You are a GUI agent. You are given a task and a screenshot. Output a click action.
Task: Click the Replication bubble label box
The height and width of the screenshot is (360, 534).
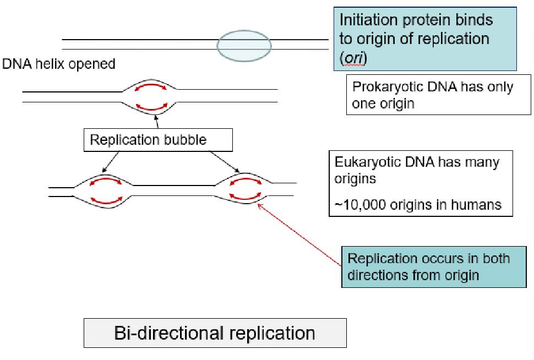pos(157,140)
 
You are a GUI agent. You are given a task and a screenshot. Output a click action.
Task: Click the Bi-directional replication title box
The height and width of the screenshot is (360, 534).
pos(215,334)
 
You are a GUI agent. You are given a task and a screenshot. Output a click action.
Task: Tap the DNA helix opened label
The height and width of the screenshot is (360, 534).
pos(59,64)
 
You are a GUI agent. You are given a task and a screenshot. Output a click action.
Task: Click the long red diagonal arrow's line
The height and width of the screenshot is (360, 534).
pos(300,234)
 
